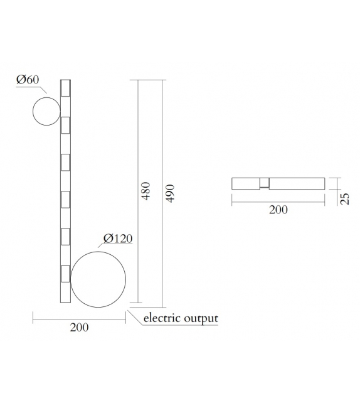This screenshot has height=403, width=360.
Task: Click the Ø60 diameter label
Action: tap(29, 80)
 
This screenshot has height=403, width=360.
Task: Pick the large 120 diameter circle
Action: tap(99, 279)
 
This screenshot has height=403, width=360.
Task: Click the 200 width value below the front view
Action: tap(79, 328)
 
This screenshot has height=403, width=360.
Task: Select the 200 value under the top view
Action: tap(278, 210)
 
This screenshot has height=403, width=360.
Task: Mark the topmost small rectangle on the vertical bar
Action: tap(65, 88)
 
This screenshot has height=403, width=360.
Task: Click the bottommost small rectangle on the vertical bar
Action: tap(65, 274)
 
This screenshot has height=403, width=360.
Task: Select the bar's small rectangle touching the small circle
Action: tap(65, 125)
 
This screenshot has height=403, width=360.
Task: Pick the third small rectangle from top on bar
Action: tap(65, 163)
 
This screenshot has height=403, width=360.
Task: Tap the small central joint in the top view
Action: tap(265, 183)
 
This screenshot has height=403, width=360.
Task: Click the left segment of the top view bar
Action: tap(245, 183)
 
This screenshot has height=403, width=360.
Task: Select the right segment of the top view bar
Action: tap(297, 183)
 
